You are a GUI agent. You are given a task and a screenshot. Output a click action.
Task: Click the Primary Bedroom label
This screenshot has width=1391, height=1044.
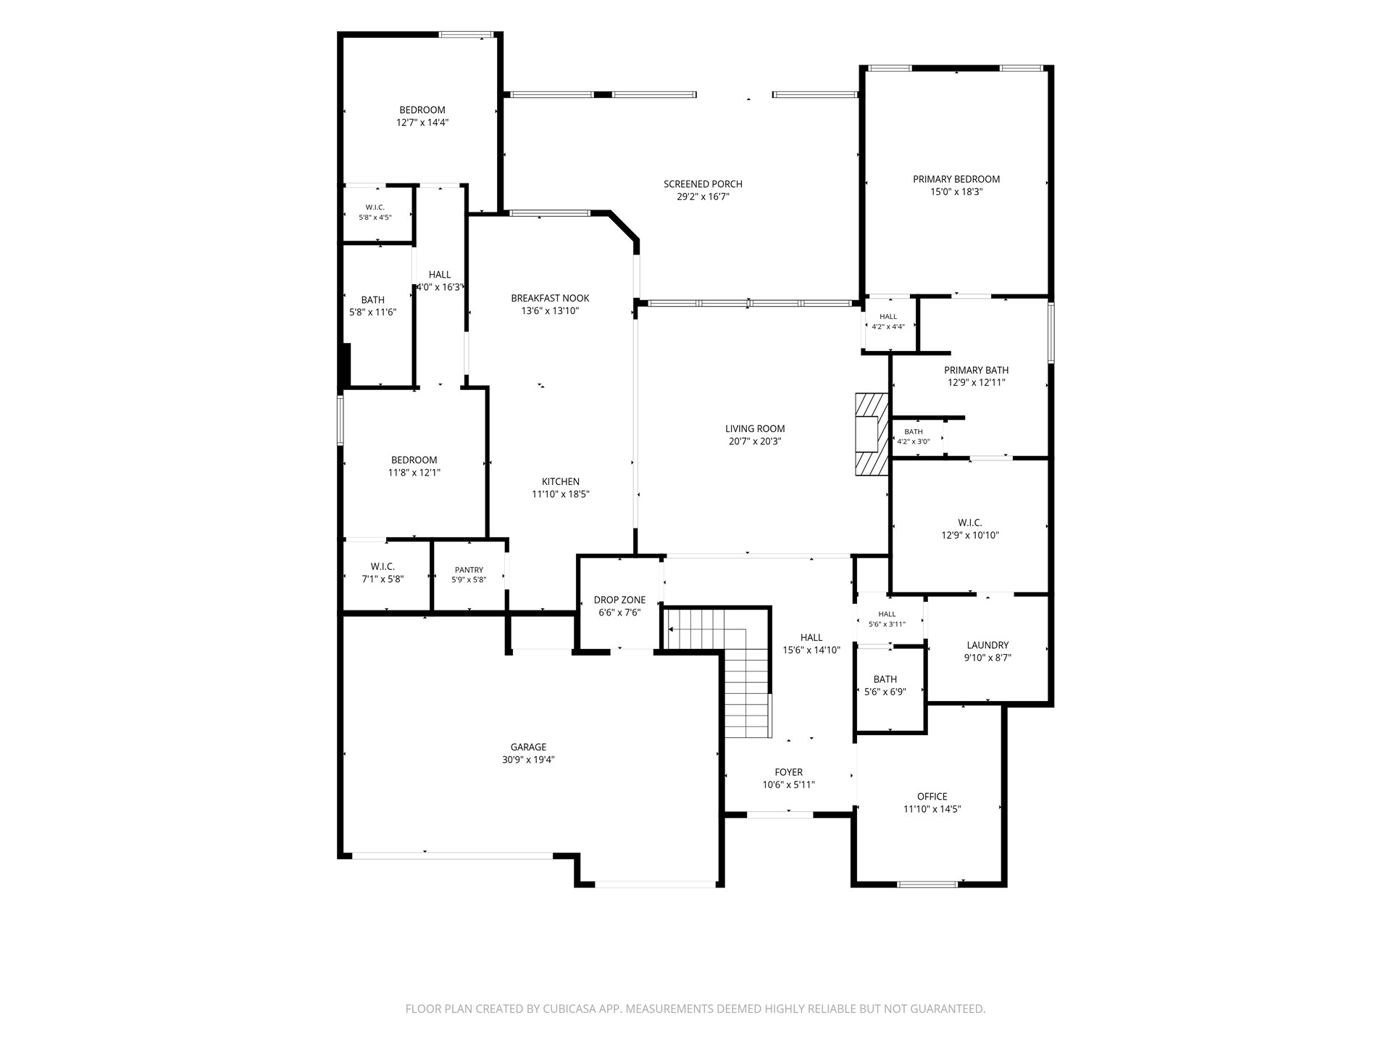(956, 179)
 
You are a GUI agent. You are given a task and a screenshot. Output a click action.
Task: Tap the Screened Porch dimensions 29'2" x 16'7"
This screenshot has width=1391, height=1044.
(703, 196)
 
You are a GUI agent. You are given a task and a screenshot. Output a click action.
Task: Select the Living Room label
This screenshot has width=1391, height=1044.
(755, 428)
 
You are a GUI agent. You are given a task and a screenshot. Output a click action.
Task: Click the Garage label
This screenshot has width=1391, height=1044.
(528, 747)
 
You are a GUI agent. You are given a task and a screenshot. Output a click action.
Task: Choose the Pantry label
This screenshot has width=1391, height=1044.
(469, 570)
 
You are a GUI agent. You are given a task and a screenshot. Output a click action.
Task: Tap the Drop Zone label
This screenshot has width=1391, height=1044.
(619, 600)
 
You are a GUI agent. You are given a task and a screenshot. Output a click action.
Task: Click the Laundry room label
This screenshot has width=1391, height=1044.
(987, 645)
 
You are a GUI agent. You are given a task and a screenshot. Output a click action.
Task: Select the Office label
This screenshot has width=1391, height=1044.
(932, 796)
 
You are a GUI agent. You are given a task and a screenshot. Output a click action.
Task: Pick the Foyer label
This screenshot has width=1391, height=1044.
(788, 772)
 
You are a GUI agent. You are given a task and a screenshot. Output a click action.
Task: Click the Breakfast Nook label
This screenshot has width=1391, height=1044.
(550, 298)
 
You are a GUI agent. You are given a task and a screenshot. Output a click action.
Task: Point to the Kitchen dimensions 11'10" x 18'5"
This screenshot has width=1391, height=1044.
(561, 494)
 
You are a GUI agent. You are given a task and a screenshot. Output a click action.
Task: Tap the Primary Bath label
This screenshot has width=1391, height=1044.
(976, 370)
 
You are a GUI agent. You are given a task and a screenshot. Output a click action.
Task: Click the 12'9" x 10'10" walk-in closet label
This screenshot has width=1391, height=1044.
(970, 535)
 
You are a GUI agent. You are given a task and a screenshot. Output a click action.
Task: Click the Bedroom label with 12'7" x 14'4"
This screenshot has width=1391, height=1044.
(422, 110)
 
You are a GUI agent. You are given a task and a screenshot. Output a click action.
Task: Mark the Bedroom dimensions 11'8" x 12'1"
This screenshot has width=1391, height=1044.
(414, 473)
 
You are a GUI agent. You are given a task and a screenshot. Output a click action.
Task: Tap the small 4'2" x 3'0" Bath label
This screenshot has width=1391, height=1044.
(914, 432)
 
